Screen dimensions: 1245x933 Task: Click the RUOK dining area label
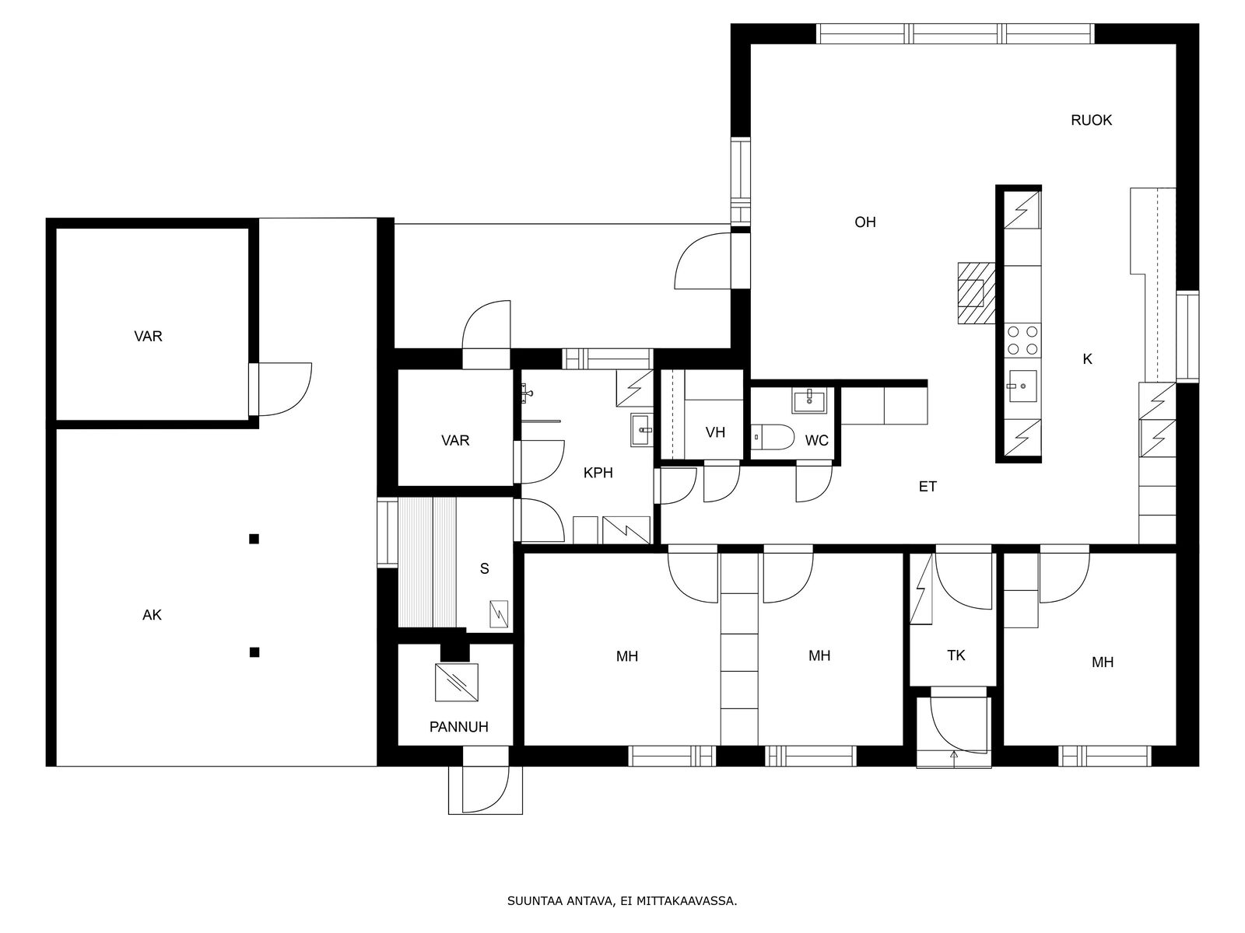point(1091,120)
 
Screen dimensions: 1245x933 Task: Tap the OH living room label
point(865,222)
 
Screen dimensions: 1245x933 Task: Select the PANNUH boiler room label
point(458,727)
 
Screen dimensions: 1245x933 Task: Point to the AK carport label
point(152,615)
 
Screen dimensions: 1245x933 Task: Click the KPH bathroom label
point(598,473)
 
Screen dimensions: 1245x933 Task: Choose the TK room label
point(956,655)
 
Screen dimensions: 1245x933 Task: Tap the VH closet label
point(715,433)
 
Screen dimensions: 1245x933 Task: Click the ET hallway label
point(928,487)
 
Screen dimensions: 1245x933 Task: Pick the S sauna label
point(485,569)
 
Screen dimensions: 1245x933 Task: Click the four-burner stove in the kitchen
point(1022,341)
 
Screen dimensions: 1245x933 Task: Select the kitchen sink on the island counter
point(1022,386)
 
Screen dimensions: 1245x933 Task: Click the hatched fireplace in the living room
point(977,293)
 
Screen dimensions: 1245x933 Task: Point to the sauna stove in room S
point(499,614)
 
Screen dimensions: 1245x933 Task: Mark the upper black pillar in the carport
point(254,539)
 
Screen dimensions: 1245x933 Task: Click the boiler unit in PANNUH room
point(457,682)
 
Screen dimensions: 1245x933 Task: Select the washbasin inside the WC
point(810,401)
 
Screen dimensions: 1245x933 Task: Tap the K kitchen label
point(1087,359)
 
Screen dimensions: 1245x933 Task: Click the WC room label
point(816,440)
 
